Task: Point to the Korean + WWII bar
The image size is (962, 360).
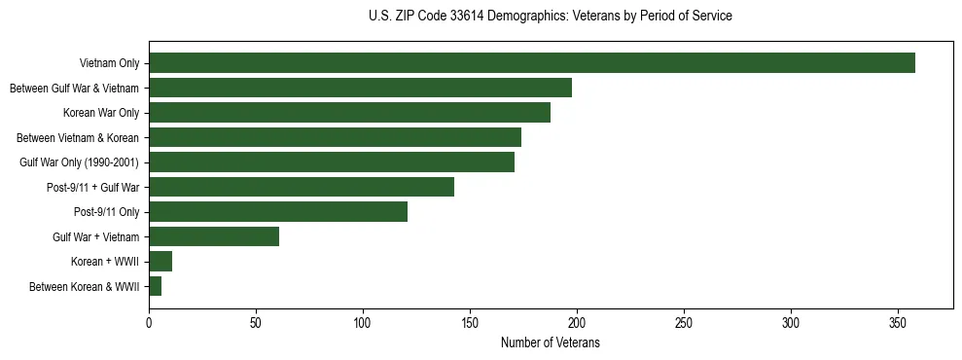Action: pyautogui.click(x=160, y=262)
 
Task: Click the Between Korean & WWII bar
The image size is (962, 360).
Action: pyautogui.click(x=156, y=286)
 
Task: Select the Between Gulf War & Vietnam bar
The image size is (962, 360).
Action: pyautogui.click(x=360, y=88)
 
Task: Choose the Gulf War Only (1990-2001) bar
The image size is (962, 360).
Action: pyautogui.click(x=332, y=162)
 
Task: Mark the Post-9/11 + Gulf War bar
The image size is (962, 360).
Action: pyautogui.click(x=302, y=187)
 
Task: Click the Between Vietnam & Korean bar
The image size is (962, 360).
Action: pyautogui.click(x=335, y=137)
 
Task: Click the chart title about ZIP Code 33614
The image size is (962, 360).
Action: pyautogui.click(x=551, y=17)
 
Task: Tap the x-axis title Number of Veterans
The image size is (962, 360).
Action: pyautogui.click(x=550, y=343)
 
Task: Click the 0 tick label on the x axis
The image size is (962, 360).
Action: pyautogui.click(x=149, y=322)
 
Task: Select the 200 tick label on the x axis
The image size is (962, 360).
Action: pyautogui.click(x=577, y=322)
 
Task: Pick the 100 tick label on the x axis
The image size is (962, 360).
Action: pyautogui.click(x=363, y=322)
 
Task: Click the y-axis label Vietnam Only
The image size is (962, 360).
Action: pyautogui.click(x=109, y=64)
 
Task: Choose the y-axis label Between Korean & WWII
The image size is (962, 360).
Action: pyautogui.click(x=85, y=287)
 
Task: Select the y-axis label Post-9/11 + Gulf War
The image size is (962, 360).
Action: pyautogui.click(x=93, y=188)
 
